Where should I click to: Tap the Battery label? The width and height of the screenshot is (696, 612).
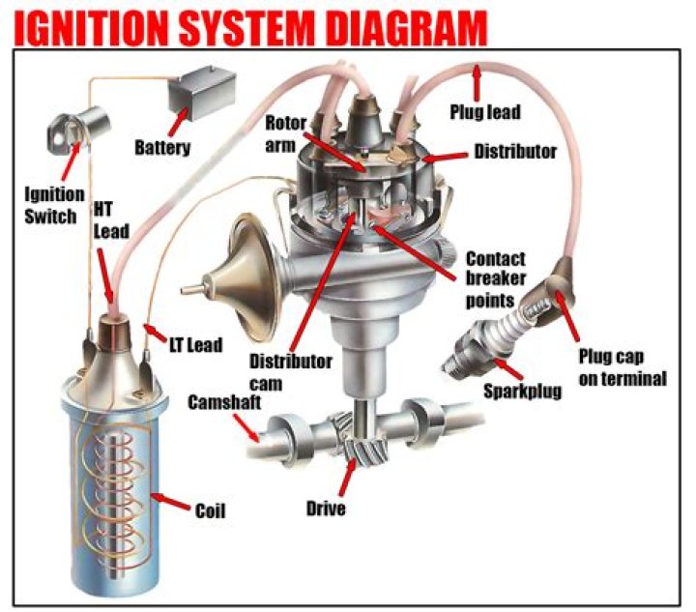pos(161,148)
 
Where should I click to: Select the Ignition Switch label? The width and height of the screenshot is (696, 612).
pos(48,205)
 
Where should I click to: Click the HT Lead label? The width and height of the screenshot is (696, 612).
pos(109,219)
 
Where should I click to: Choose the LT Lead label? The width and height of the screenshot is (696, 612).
pos(194,344)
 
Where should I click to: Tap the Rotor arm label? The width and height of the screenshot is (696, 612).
pos(285,134)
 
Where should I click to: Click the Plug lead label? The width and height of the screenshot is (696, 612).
pos(484,112)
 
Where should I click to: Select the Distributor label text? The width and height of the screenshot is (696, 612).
pos(514,152)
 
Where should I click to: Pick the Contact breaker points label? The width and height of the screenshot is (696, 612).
pos(497,279)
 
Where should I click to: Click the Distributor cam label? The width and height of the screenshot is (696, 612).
pos(290,371)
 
